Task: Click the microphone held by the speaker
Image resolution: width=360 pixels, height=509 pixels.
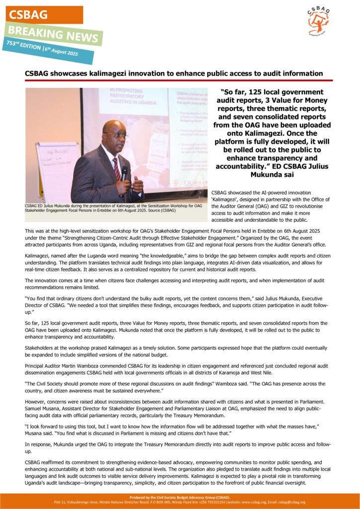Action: coord(124,172)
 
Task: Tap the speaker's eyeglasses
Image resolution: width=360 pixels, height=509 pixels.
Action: coord(116,135)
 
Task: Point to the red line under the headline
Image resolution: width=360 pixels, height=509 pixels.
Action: coord(179,81)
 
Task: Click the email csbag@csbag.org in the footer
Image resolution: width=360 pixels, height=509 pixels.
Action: coord(292,502)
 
